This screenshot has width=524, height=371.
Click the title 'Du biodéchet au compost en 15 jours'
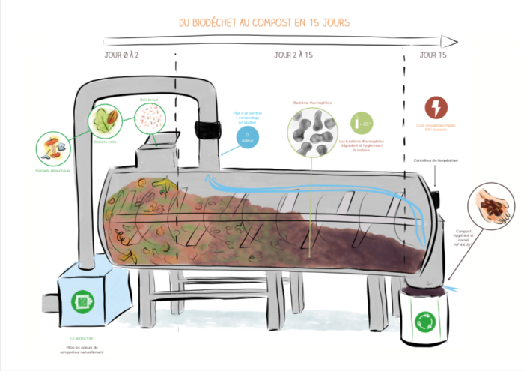(264, 22)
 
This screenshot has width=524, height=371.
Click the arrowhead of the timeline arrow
(450, 40)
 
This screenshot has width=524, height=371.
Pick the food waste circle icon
(53, 148)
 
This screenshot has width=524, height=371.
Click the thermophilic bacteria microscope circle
(312, 133)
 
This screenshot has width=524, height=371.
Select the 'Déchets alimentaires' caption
(53, 172)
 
